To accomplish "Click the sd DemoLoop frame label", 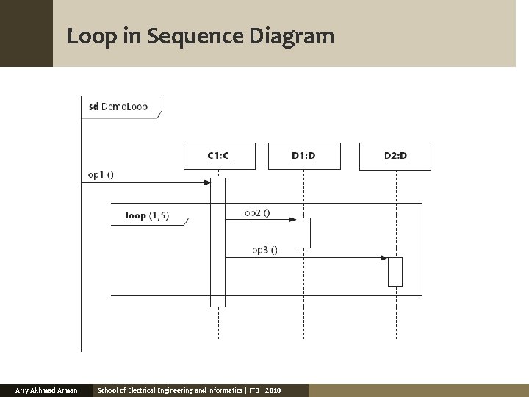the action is tap(118, 106).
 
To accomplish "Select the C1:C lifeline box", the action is tap(219, 156).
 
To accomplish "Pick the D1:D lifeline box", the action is tap(303, 156).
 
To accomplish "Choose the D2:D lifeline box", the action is tap(395, 156).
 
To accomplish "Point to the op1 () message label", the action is tap(101, 175).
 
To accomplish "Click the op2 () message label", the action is tap(257, 213).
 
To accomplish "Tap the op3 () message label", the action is tap(264, 250).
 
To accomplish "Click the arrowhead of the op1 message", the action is tap(208, 182).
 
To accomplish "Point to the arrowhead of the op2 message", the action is tap(292, 219).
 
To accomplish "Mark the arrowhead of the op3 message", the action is tap(384, 257).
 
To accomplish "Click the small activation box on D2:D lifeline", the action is tap(395, 271).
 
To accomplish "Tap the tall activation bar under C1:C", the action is tap(217, 243).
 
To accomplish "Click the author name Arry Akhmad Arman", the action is tap(46, 390).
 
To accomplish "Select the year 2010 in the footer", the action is tap(273, 390).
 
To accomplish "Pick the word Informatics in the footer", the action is tap(217, 390).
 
